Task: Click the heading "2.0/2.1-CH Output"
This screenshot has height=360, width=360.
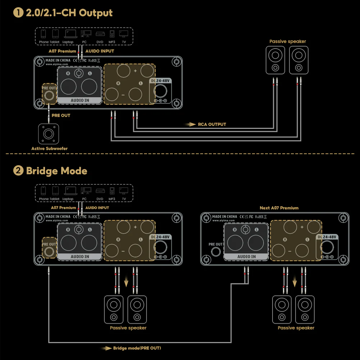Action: [x=69, y=13]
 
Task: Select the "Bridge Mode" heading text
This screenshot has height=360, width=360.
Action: [x=57, y=170]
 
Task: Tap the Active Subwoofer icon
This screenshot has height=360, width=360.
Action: [x=49, y=134]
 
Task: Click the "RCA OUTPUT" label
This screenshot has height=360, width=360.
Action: [x=212, y=124]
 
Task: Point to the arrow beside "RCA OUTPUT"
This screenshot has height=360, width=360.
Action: [x=191, y=124]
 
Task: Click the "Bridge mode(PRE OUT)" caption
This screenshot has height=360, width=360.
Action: [x=137, y=348]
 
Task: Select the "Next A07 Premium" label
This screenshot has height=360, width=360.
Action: [x=279, y=208]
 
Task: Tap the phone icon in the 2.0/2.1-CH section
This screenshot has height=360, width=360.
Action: [x=44, y=34]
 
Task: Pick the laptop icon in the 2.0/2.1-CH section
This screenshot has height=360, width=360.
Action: [x=70, y=34]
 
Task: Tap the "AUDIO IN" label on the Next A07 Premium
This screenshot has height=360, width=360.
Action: [x=246, y=257]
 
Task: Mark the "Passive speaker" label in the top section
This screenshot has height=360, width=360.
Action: [x=288, y=41]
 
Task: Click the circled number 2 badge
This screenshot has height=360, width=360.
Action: [x=18, y=170]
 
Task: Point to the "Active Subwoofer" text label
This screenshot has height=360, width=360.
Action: [x=49, y=148]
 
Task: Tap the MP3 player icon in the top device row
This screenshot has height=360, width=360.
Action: [x=112, y=34]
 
